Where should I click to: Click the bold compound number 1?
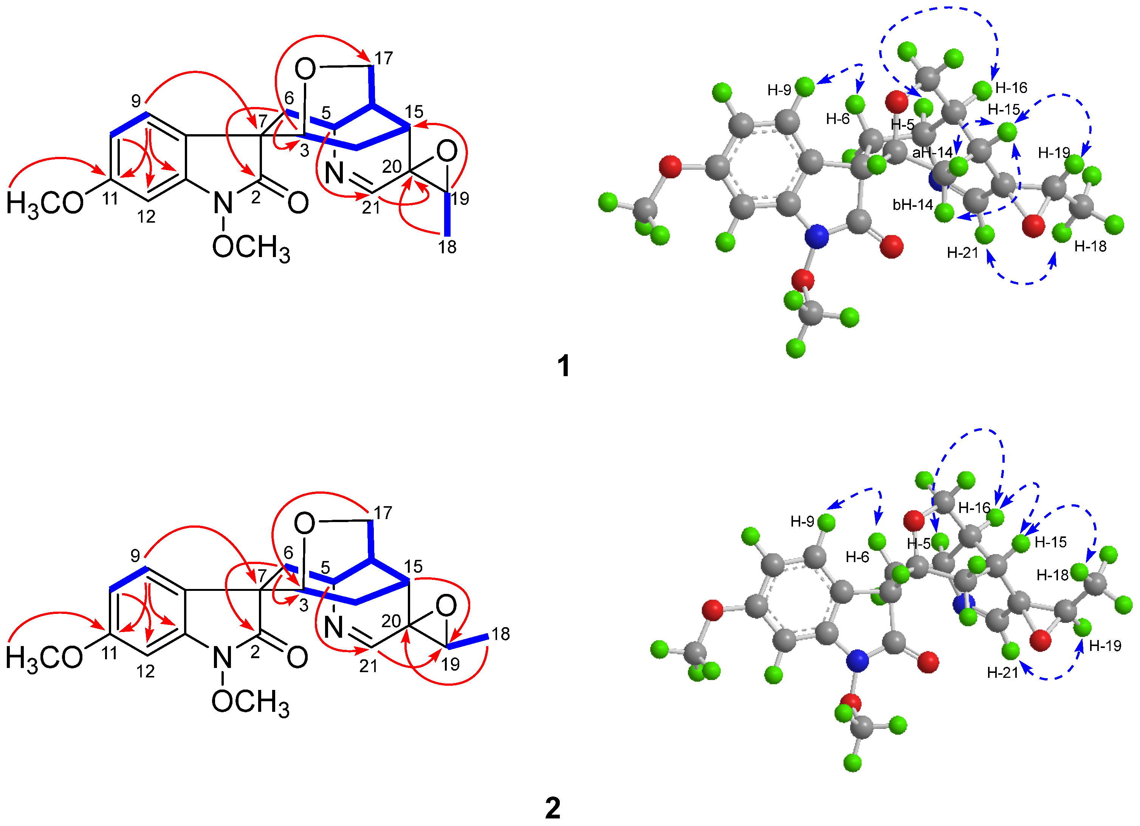564,366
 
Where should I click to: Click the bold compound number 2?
553,808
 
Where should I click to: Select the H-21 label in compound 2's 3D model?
1002,673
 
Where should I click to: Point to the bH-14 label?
913,205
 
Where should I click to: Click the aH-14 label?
932,152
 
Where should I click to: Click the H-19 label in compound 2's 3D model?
1105,646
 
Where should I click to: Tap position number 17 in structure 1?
384,58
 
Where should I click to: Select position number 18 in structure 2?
500,634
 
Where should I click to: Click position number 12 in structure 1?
146,217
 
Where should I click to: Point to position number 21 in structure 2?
369,666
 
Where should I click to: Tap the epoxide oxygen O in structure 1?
447,151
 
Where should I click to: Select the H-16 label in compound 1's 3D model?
1011,88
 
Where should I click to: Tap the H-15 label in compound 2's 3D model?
1050,542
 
